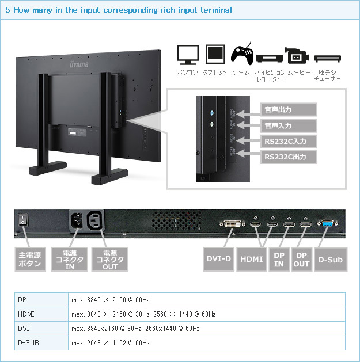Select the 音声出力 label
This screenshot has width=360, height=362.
[289, 109]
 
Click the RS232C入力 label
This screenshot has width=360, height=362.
[289, 141]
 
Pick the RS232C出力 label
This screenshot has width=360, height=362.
[289, 157]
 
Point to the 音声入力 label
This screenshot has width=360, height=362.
[289, 125]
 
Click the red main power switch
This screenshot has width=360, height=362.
[24, 219]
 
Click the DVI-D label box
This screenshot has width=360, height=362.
[218, 260]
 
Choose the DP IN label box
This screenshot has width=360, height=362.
[279, 260]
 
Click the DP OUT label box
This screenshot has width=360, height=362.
[301, 260]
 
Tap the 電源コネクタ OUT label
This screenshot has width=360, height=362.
[109, 260]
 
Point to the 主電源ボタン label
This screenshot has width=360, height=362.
[30, 260]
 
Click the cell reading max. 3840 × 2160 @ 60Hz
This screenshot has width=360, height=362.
[111, 300]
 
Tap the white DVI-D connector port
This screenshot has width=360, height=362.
[229, 224]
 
